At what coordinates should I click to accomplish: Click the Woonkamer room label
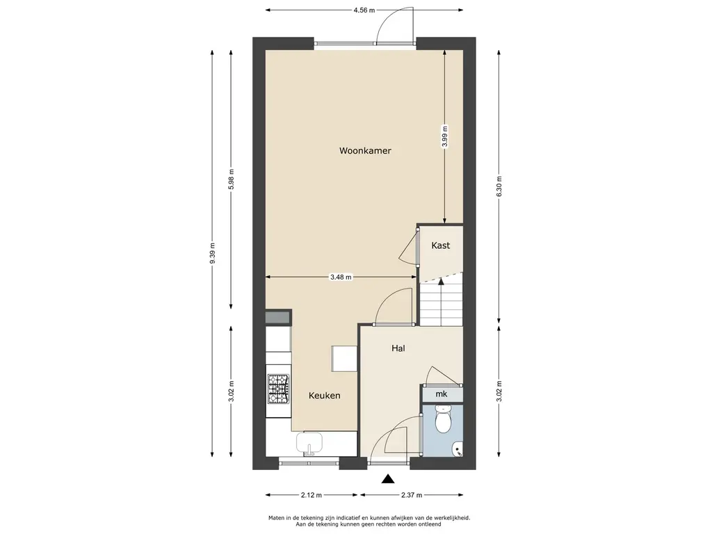(x=365, y=151)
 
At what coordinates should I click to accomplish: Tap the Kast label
(x=440, y=245)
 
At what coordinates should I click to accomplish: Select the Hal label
(x=398, y=348)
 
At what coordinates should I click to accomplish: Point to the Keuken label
(x=324, y=396)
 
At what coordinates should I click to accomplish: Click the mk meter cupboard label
(x=441, y=394)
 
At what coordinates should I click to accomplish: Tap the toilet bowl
(x=442, y=419)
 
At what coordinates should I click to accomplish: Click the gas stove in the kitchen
(x=278, y=389)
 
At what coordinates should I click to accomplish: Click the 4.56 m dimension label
(x=364, y=10)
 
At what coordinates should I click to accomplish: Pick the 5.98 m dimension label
(x=231, y=180)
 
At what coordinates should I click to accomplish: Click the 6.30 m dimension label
(x=499, y=186)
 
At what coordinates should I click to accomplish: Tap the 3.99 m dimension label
(x=444, y=137)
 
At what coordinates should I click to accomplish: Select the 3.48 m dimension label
(x=341, y=277)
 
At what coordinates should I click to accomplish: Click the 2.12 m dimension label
(x=311, y=495)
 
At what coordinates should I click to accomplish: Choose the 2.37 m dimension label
(x=412, y=495)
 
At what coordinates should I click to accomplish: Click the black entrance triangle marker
(x=387, y=478)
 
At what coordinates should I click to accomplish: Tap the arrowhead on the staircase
(x=440, y=281)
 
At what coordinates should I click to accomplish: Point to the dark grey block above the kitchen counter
(x=278, y=317)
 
